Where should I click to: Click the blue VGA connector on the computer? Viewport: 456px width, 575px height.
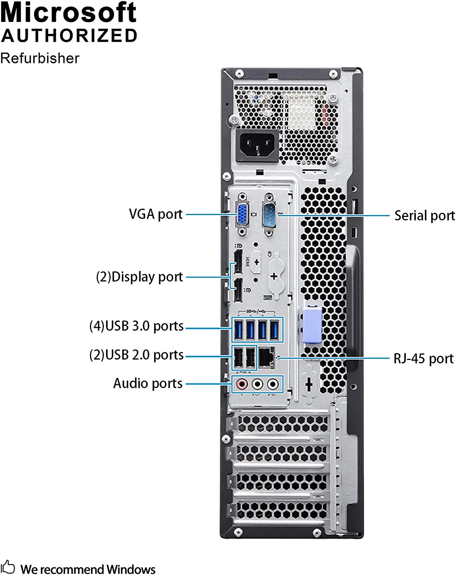(242, 215)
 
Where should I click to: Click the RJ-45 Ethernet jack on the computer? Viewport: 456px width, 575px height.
(266, 358)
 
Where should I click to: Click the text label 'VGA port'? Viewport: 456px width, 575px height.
(155, 214)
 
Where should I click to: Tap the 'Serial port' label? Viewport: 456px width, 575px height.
(424, 215)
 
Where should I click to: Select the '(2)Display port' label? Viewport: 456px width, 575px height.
(139, 277)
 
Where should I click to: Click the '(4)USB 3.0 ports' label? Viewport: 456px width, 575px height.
(136, 326)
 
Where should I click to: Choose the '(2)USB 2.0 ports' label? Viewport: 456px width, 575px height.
(136, 355)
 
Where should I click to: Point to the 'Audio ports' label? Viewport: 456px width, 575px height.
(148, 383)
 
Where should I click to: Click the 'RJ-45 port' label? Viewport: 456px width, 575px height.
(423, 359)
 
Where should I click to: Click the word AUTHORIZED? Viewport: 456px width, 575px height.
(69, 36)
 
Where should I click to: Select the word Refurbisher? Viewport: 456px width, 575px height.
(40, 58)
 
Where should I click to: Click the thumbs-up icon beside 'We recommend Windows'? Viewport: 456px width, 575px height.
(8, 567)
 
